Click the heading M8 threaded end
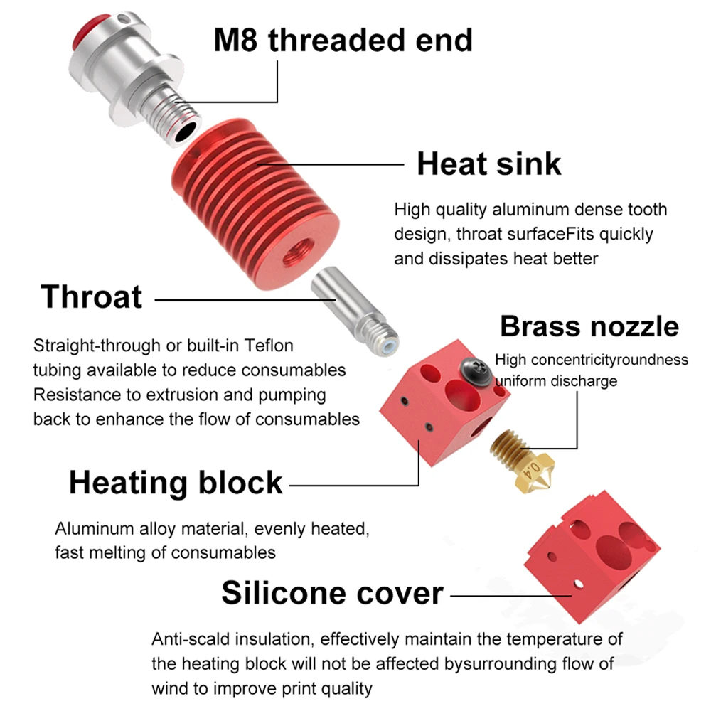coord(343,40)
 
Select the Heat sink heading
coord(488,164)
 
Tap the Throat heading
coord(92,296)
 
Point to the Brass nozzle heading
coord(589,326)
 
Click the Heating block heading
coord(176,483)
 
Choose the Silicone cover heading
coord(332,592)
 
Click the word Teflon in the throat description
coord(269,346)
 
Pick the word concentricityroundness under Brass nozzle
coord(612,360)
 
